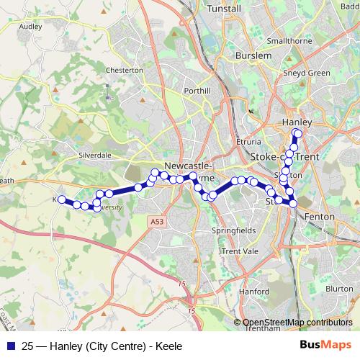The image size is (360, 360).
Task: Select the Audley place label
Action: pyautogui.click(x=31, y=26)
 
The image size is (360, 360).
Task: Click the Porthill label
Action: pyautogui.click(x=197, y=91)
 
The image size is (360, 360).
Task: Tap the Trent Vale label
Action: pyautogui.click(x=240, y=251)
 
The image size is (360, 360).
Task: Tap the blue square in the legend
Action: pyautogui.click(x=10, y=346)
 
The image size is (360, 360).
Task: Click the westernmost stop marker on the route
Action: pyautogui.click(x=62, y=199)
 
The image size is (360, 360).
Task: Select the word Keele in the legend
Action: pyautogui.click(x=168, y=346)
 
